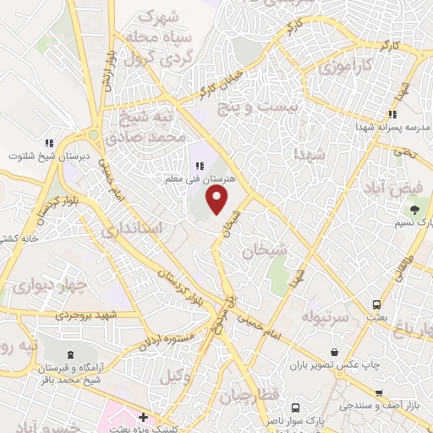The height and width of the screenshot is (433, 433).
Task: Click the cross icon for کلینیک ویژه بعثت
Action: [144, 417]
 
